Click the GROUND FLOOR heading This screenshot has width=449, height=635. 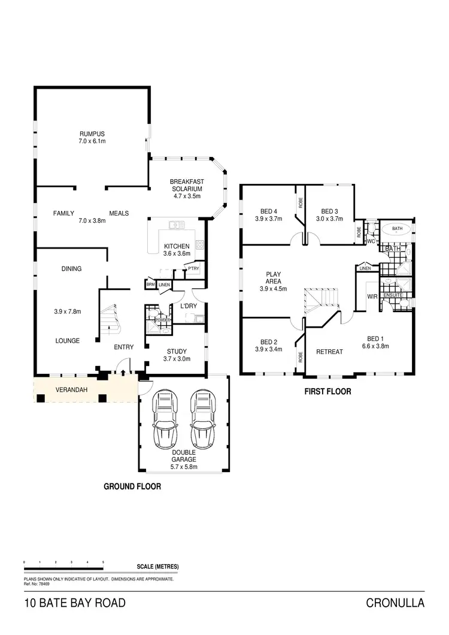[x=133, y=486]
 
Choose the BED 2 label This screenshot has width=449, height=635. [x=269, y=345]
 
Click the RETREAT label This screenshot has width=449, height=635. [x=329, y=352]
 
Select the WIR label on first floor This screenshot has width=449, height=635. [x=371, y=296]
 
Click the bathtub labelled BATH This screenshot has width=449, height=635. [x=397, y=229]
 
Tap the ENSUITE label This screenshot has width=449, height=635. [x=393, y=294]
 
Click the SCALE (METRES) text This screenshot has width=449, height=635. [x=157, y=567]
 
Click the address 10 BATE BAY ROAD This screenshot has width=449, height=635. [x=75, y=603]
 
